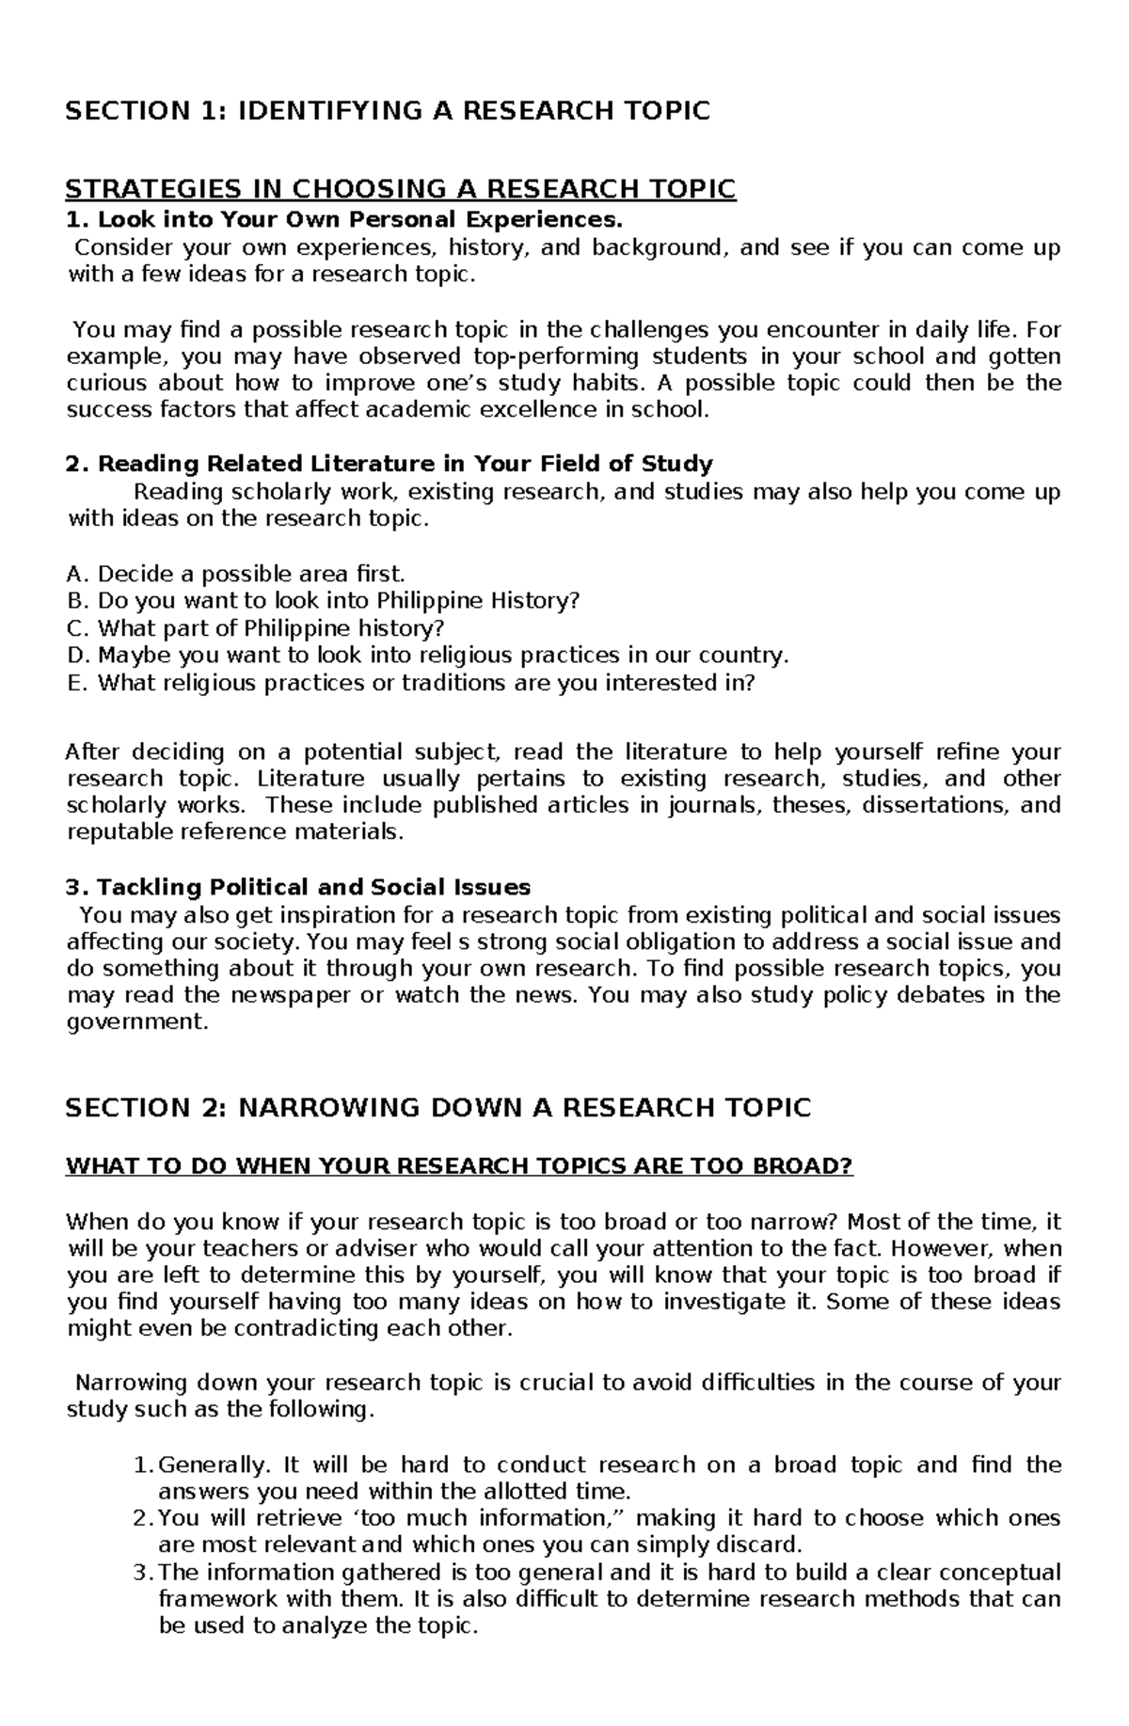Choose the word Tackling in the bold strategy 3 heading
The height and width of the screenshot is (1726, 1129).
click(x=150, y=887)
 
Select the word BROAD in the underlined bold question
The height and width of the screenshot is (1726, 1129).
click(x=800, y=1166)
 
